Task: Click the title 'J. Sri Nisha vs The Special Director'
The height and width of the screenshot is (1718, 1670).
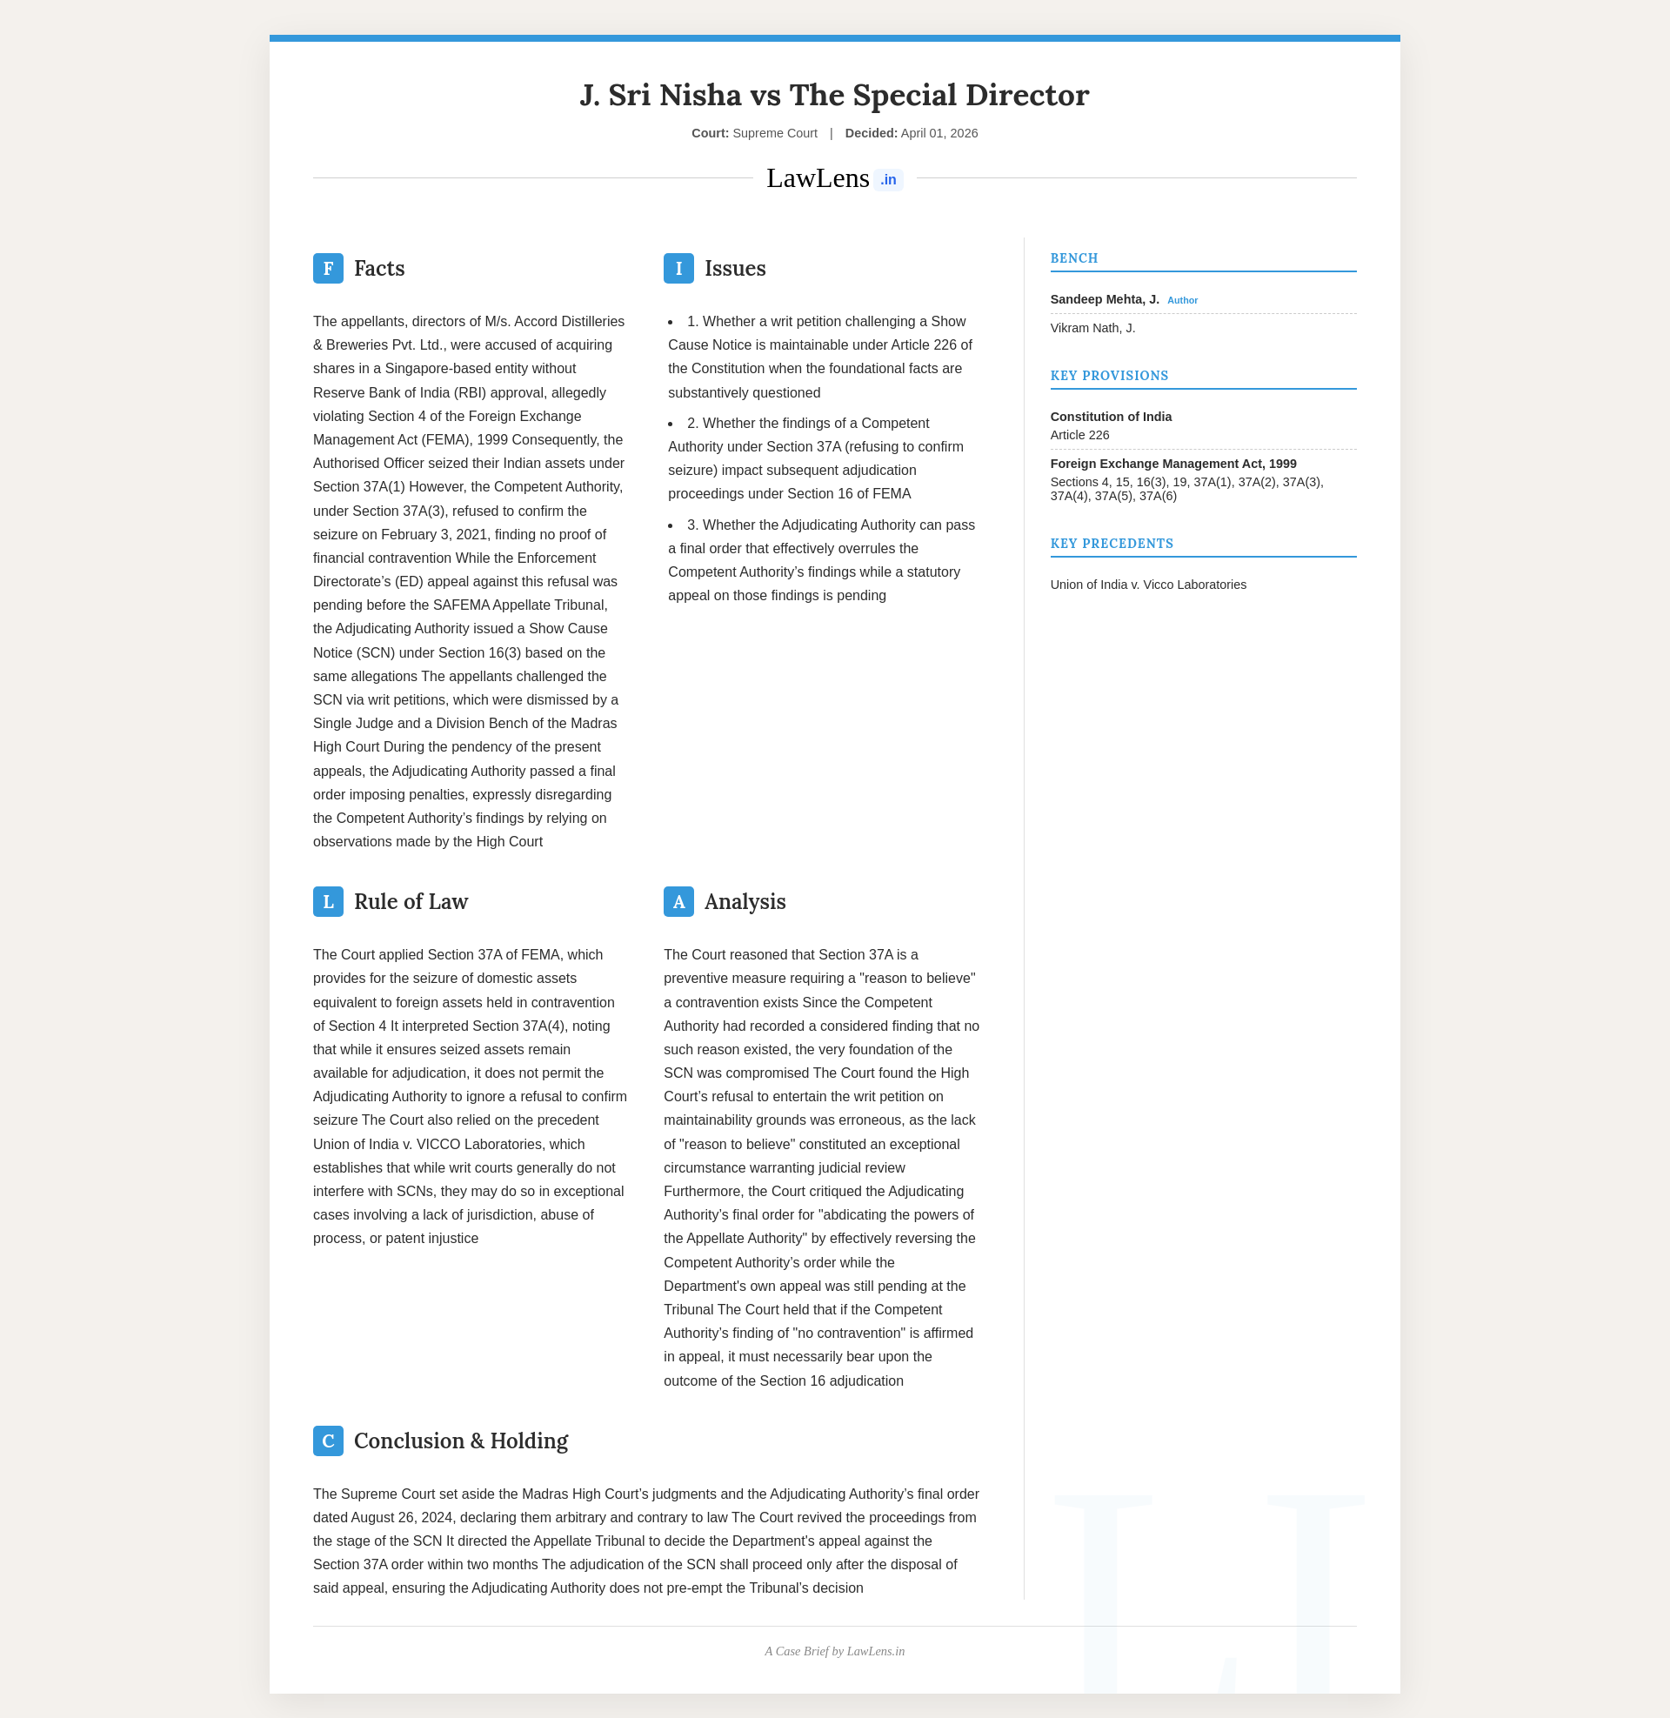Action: [x=834, y=95]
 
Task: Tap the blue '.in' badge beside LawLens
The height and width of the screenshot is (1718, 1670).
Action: [x=888, y=180]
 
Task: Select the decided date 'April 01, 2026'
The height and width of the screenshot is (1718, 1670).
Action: [x=939, y=133]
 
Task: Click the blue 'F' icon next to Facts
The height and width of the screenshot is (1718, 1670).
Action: [x=328, y=268]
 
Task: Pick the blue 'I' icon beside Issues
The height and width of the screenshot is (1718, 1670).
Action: [x=678, y=268]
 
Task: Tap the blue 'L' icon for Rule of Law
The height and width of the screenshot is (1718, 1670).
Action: [x=328, y=901]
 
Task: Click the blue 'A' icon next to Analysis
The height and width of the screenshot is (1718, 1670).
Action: [x=678, y=901]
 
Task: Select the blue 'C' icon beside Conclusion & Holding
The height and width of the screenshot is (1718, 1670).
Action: [x=328, y=1441]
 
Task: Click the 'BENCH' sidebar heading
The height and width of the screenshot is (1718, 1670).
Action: [x=1073, y=258]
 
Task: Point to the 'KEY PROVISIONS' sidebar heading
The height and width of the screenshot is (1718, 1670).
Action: [x=1109, y=375]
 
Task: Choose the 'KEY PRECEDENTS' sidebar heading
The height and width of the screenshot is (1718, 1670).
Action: [x=1112, y=544]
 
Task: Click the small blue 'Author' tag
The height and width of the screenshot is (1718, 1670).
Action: [x=1181, y=301]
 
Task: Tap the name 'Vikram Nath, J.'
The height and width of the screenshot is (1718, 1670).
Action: [x=1092, y=328]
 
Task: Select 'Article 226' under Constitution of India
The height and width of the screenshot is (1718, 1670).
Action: [x=1079, y=435]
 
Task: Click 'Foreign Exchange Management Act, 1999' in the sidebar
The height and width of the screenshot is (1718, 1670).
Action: [x=1172, y=464]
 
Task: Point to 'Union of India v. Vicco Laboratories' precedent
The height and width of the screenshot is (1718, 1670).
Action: [x=1147, y=585]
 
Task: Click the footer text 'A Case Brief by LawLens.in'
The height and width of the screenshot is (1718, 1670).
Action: [x=834, y=1651]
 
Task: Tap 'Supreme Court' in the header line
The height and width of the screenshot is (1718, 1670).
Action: [x=774, y=133]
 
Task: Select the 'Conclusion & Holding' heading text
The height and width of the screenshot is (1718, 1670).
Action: [x=460, y=1441]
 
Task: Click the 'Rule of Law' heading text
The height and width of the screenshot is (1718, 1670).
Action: [x=411, y=901]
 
